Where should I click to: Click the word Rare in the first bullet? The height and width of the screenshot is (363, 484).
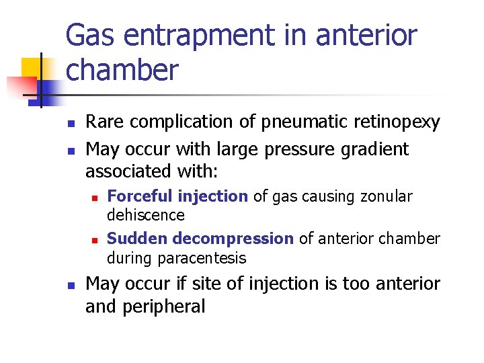tap(106, 122)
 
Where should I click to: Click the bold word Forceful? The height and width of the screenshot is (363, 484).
tap(140, 196)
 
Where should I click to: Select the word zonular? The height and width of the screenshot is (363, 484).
tap(386, 196)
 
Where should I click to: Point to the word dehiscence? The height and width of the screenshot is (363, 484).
tap(146, 215)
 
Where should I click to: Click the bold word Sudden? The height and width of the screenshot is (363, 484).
tap(137, 239)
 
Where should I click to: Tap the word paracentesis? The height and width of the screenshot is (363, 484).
tap(202, 259)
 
